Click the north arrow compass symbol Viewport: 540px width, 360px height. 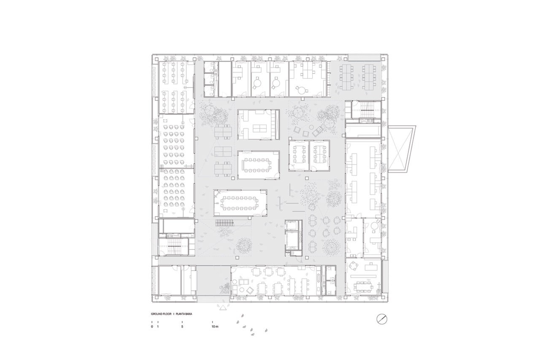pyautogui.click(x=382, y=319)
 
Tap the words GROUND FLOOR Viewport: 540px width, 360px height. pyautogui.click(x=161, y=314)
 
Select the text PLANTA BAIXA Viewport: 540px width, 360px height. pyautogui.click(x=184, y=314)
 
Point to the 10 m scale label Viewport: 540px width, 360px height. pyautogui.click(x=215, y=327)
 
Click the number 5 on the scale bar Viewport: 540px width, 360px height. pyautogui.click(x=182, y=327)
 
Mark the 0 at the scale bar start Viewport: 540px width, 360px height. pyautogui.click(x=152, y=327)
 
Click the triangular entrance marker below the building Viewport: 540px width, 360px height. pyautogui.click(x=223, y=307)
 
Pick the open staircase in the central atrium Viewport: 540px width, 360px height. pyautogui.click(x=225, y=223)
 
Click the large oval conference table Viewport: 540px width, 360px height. pyautogui.click(x=240, y=203)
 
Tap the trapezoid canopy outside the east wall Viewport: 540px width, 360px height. pyautogui.click(x=401, y=149)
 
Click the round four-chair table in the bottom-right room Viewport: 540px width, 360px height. pyautogui.click(x=354, y=266)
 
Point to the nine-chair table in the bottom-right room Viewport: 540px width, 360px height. pyautogui.click(x=364, y=286)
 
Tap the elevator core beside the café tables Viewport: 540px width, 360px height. pyautogui.click(x=293, y=238)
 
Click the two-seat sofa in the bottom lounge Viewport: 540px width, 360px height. pyautogui.click(x=244, y=282)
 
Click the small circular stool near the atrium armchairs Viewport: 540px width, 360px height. pyautogui.click(x=312, y=127)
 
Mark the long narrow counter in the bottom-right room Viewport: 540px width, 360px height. pyautogui.click(x=363, y=276)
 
